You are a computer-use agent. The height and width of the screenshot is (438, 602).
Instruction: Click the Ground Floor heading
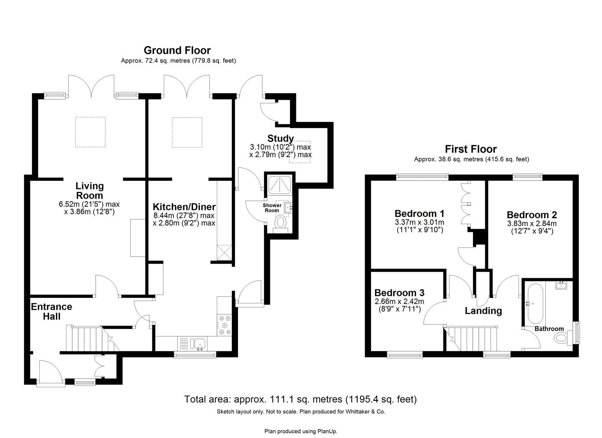point(177,50)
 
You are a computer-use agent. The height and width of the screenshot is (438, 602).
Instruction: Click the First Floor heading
point(471,149)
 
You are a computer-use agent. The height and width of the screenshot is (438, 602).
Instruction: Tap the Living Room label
point(90,191)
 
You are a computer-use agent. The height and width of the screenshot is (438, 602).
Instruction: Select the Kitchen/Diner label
point(184,207)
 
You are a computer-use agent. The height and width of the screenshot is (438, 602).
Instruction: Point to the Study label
point(281,138)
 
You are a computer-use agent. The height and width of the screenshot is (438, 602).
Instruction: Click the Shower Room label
point(272,208)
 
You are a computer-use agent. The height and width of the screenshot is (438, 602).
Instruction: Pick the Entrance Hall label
point(51,311)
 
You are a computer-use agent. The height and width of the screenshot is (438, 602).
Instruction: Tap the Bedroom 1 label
point(420,213)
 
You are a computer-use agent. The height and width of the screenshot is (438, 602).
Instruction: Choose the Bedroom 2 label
point(531,215)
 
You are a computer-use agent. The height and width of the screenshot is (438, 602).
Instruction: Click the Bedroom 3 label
point(399,292)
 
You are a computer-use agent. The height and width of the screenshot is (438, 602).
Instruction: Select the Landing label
point(483,311)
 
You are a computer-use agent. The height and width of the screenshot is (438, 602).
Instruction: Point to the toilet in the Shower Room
point(281,223)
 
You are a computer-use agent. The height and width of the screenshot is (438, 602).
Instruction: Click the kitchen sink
point(199,344)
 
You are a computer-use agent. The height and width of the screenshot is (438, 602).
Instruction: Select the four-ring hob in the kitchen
point(225,325)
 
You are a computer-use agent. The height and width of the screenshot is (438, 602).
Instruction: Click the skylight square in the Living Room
point(90,132)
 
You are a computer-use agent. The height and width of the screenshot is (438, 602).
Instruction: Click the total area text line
point(300,399)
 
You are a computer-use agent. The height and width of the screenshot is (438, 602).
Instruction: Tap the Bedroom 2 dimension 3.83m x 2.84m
point(531,223)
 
